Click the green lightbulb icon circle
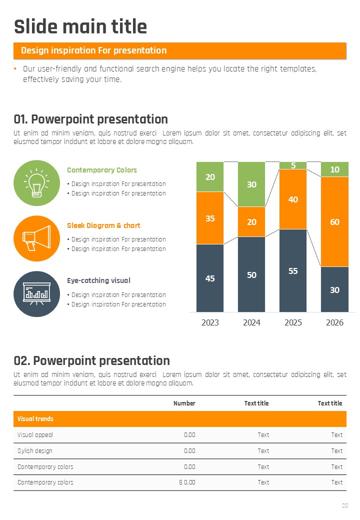coord(37,183)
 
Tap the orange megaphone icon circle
coord(37,238)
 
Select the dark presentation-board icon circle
coord(37,294)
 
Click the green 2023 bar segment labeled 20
coord(210,177)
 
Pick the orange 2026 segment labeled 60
coord(334,221)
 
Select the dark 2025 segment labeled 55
coord(293,270)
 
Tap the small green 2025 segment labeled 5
coord(293,165)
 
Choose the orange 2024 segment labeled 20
coord(251,221)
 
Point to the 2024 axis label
coord(251,322)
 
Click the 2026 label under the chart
coord(334,322)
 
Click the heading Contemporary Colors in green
coord(102,170)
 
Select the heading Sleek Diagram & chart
coord(103,225)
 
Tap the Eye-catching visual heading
coord(98,280)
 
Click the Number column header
coord(184,403)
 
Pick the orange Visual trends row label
coord(35,419)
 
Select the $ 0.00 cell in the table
coord(187,482)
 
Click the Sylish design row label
coord(35,451)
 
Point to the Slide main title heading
coord(80,26)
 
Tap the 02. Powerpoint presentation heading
coord(92,360)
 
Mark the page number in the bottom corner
coord(344,505)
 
